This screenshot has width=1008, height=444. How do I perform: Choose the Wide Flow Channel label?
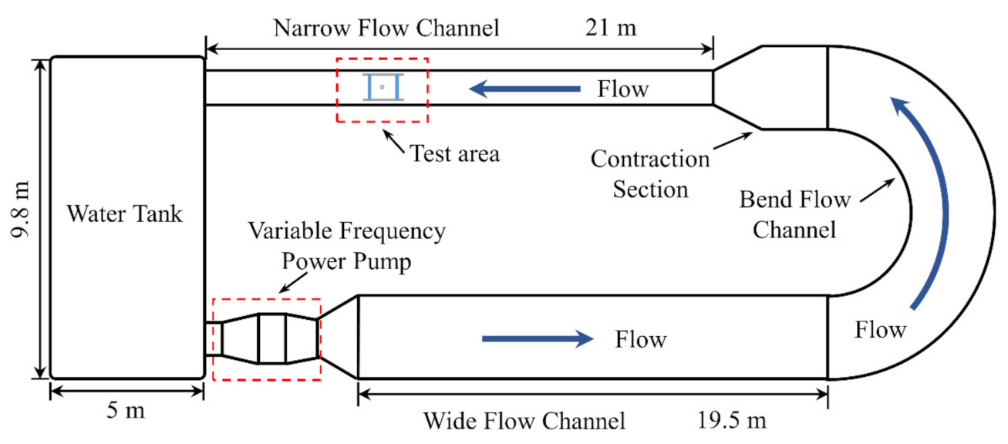point(524,421)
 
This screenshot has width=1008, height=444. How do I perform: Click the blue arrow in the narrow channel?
point(524,89)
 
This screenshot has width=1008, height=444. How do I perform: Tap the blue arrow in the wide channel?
point(538,338)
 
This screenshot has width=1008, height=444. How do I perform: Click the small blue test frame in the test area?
point(383,87)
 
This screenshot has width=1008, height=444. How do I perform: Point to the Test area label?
point(454,153)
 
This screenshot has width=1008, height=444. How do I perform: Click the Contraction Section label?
point(650,174)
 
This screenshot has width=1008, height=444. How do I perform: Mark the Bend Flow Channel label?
point(794,214)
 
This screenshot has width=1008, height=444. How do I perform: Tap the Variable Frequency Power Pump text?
point(346,245)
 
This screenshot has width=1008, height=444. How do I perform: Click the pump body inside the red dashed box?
point(271,338)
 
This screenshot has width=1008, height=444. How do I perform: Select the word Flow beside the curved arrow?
point(880,331)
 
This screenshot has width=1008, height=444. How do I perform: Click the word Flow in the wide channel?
point(640,338)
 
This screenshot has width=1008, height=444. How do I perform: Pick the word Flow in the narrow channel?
point(622,89)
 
